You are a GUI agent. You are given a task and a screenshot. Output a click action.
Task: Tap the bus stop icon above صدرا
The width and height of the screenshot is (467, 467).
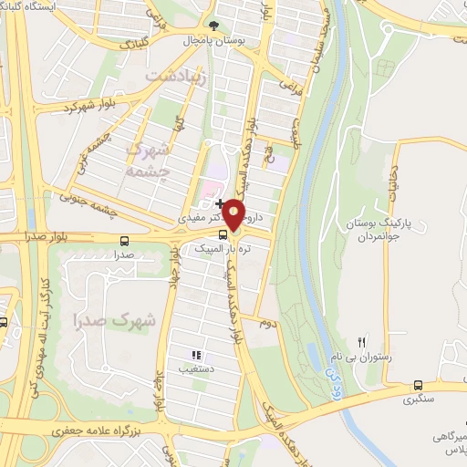[x=123, y=241]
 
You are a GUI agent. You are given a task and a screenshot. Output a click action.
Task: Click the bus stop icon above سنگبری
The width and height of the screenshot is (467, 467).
[x=418, y=386]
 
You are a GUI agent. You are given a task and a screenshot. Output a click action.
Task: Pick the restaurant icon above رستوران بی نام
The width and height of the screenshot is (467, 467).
[x=361, y=341]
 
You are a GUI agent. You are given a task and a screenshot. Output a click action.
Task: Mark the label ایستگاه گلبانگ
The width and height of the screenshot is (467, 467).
[x=42, y=6]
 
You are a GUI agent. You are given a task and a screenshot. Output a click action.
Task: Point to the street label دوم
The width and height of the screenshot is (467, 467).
[x=267, y=323]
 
